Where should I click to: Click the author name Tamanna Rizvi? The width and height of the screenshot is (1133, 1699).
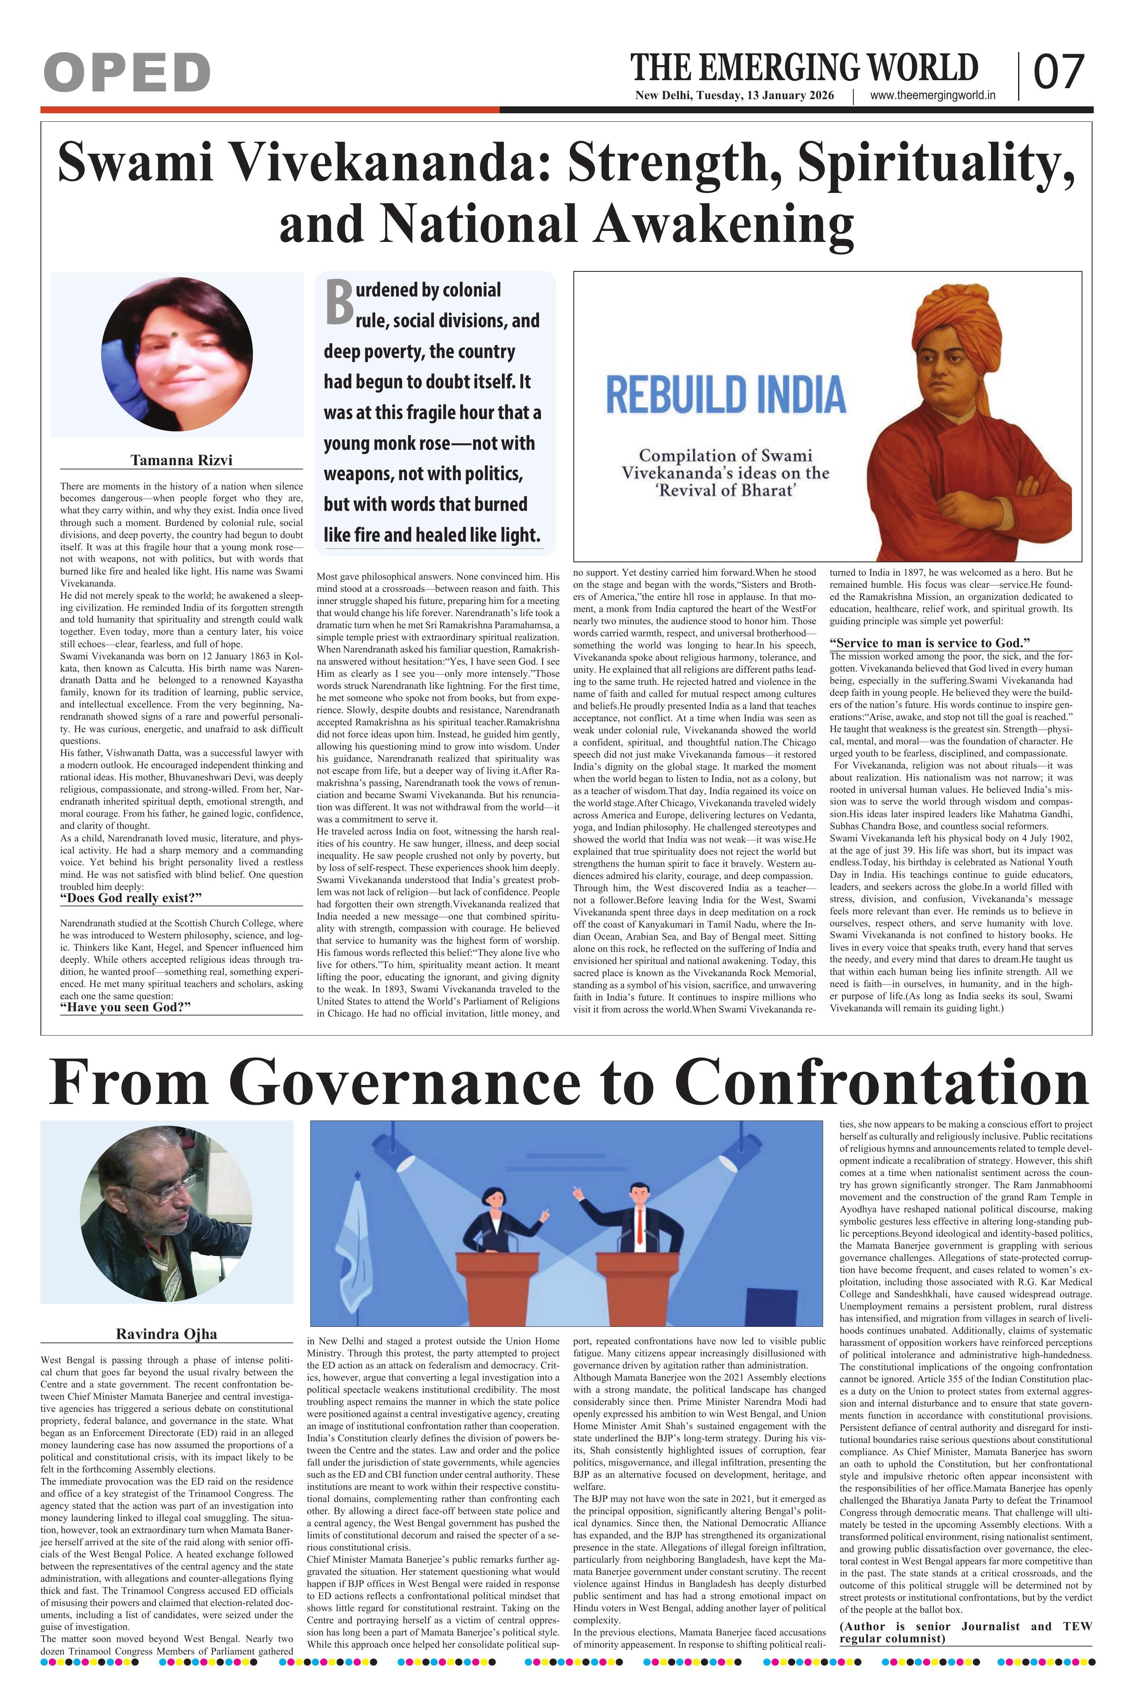(x=181, y=460)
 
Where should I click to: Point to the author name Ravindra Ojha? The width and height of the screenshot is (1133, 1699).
(x=166, y=1333)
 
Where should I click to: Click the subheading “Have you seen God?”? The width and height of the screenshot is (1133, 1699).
(x=125, y=1007)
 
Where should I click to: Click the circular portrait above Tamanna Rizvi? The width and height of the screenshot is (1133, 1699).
(x=177, y=354)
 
